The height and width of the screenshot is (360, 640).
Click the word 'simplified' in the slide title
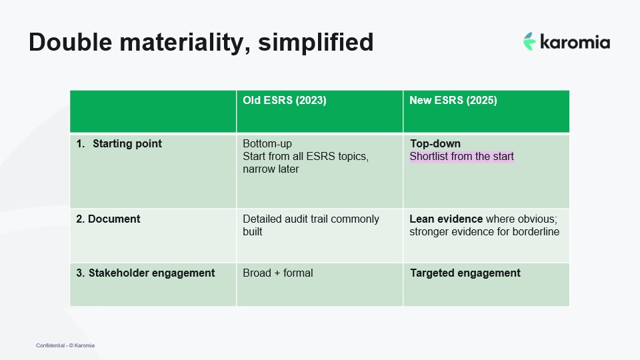coord(316,42)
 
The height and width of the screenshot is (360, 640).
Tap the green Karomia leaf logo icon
coord(529,41)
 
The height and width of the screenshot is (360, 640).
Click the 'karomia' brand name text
coord(575,42)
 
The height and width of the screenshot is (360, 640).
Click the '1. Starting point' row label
coord(119,144)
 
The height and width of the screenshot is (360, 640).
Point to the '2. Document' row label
coord(108,219)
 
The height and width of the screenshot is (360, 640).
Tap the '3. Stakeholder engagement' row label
coord(145,273)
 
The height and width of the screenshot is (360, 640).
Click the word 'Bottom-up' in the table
coord(267,144)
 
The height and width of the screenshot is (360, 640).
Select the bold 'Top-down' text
coord(435,144)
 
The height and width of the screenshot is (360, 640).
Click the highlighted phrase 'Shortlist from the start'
coord(461,157)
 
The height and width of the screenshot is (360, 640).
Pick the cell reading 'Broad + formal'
coord(277,273)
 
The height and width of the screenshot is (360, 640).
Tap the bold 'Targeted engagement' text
coord(465,273)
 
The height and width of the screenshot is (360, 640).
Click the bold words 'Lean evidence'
coord(446,219)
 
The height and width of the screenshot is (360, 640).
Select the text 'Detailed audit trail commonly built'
coord(311,225)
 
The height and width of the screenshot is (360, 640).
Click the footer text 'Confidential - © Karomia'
coord(65,345)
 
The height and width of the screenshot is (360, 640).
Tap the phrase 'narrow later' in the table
coord(271,169)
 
